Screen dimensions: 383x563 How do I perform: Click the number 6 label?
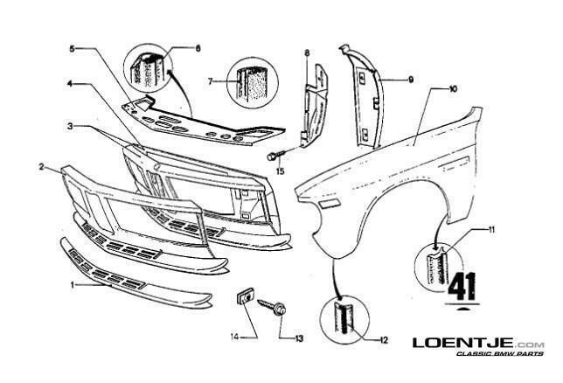(198, 48)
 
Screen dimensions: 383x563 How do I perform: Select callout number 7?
(211, 82)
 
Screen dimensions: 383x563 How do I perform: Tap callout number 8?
(307, 53)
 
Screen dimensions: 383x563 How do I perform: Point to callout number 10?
(453, 89)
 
